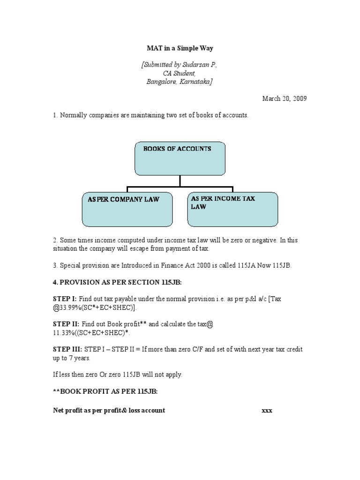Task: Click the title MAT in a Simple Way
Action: (x=180, y=48)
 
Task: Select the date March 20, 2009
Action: (x=285, y=98)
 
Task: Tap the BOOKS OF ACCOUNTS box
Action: (x=180, y=159)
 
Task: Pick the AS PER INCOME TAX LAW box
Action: (x=232, y=209)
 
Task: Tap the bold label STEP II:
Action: (x=66, y=324)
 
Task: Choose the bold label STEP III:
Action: (x=67, y=349)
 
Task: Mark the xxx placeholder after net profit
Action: (x=267, y=411)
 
